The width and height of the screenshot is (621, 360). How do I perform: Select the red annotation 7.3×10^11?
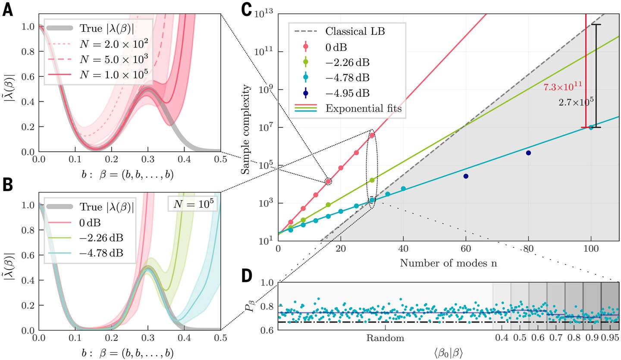pos(563,87)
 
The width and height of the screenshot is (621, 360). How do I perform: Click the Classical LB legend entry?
pos(353,31)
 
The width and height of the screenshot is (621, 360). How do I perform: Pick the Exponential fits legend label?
pos(364,109)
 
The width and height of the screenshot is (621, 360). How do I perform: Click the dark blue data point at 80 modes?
pos(528,153)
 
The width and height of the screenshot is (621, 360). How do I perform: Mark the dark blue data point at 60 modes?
pos(466,176)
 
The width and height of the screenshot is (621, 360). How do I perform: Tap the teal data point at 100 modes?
pos(591,127)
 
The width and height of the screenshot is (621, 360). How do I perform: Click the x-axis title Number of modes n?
pos(448,263)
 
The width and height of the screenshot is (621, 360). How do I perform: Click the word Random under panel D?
pos(385,338)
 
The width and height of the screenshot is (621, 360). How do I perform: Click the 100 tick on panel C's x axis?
pos(591,249)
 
